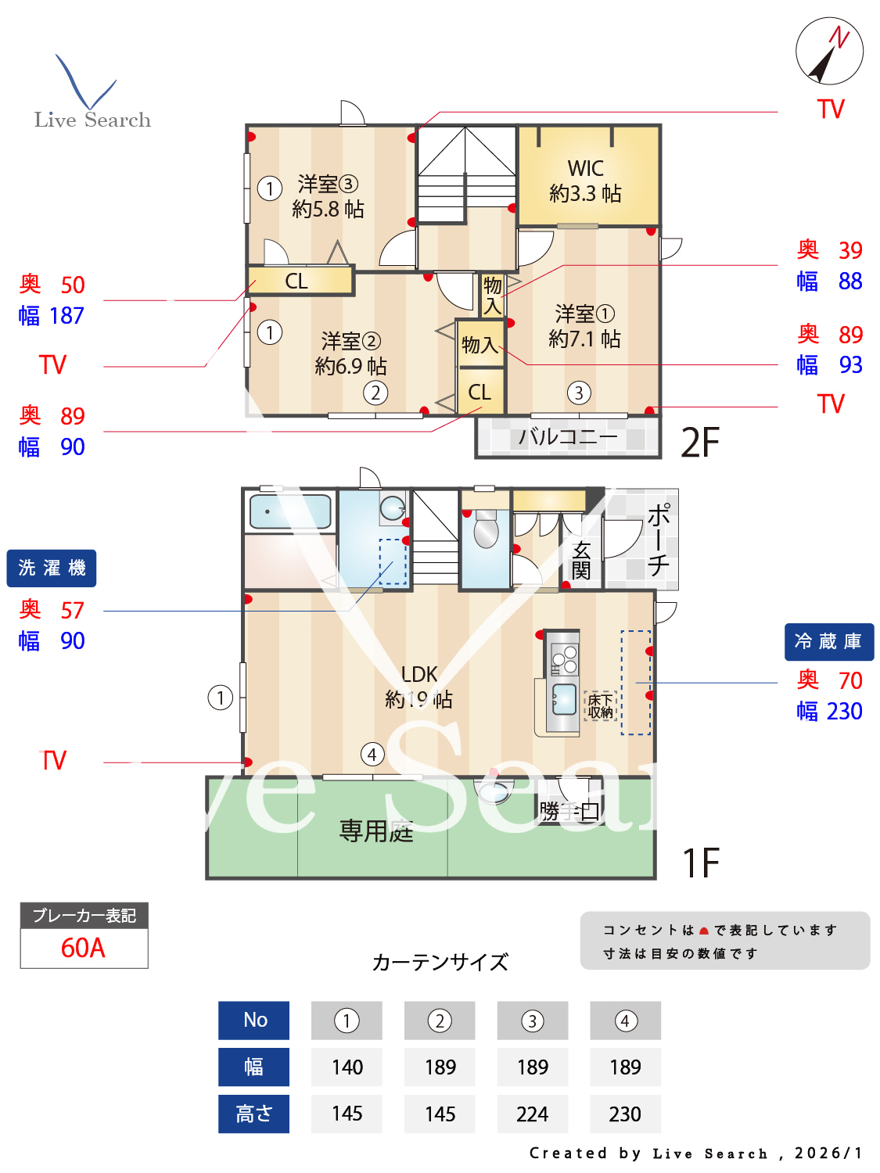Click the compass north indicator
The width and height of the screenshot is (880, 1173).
coord(829,52)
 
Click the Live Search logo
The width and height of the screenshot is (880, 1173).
coord(92,94)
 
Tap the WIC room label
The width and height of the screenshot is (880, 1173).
coord(586,181)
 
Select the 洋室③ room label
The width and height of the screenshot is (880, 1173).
coord(328,196)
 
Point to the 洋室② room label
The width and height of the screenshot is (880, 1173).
coord(350,353)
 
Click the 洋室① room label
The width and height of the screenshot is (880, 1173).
coord(584,326)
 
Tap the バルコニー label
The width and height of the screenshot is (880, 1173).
coord(568,436)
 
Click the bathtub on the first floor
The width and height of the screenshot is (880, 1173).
coord(289,512)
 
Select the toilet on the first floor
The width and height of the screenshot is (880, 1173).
coord(486,531)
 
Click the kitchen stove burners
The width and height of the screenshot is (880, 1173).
coord(563,659)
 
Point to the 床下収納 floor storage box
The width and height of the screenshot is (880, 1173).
coord(600,705)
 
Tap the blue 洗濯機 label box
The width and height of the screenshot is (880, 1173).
coord(52,568)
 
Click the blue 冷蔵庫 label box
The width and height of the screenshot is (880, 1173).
coord(828,641)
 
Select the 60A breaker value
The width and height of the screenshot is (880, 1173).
coord(84,948)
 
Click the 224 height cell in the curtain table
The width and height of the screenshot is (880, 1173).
coord(532,1114)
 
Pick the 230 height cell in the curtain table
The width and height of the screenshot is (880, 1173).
coord(625,1114)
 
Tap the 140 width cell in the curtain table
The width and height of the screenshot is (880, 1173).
coord(347,1067)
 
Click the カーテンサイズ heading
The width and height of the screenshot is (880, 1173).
coord(440,962)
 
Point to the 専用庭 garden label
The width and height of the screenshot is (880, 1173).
coord(375,830)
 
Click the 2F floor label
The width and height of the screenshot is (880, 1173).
coord(700,443)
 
